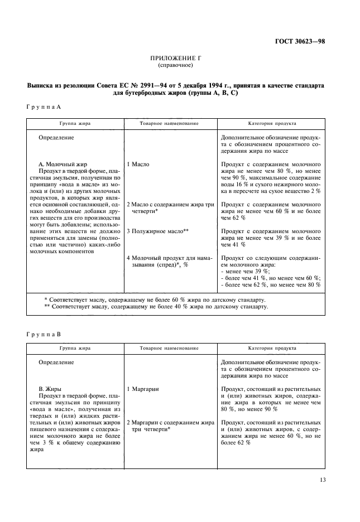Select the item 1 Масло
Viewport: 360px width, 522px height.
pos(138,165)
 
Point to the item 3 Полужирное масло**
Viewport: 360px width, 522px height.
pos(158,230)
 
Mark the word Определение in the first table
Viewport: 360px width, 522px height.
pos(56,137)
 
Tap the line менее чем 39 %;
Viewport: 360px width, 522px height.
pos(245,271)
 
